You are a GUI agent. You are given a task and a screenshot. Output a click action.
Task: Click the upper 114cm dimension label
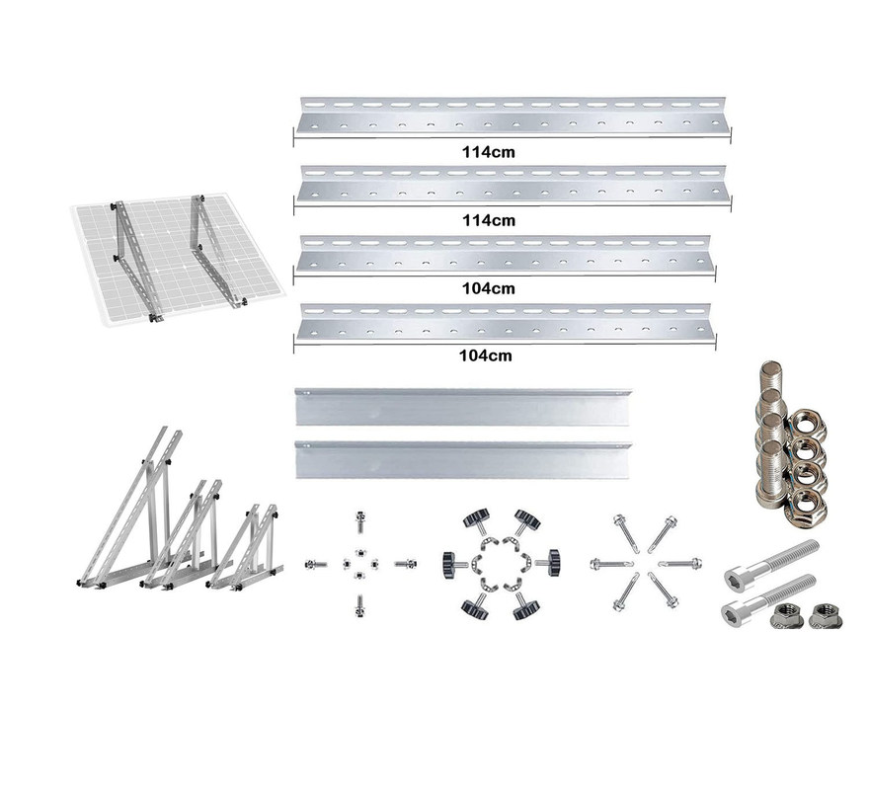coord(488,152)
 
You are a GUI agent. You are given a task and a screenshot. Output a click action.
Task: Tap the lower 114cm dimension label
coord(488,220)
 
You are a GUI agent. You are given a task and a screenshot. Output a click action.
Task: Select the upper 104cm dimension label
coord(488,288)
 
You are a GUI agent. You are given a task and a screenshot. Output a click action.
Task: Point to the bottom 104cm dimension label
coord(486,355)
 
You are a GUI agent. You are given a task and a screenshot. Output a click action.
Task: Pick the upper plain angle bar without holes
coord(463,407)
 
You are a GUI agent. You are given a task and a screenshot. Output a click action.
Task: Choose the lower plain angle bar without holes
coord(463,459)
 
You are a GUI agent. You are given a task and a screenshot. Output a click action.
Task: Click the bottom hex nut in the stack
coord(807,506)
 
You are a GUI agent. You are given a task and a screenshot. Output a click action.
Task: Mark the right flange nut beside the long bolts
coord(825,615)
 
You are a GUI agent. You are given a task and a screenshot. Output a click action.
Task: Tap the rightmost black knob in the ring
coord(549,563)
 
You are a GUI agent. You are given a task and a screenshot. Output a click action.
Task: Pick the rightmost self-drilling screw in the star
coord(680,564)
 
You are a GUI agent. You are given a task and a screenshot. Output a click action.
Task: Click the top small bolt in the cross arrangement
coord(360,522)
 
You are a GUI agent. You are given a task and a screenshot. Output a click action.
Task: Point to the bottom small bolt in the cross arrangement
coord(360,605)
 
